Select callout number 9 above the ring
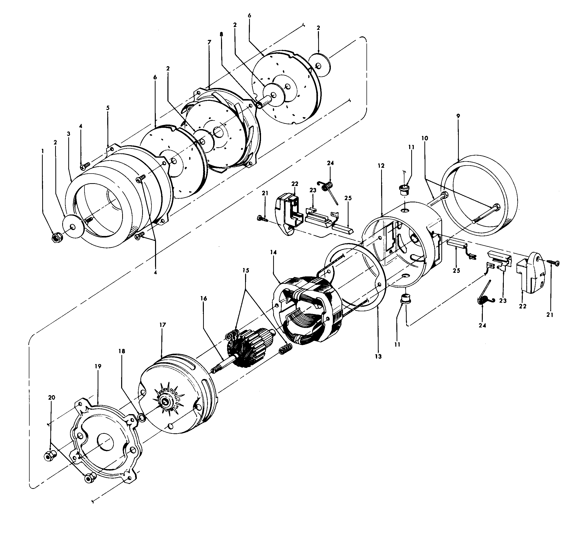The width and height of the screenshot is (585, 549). tap(458, 116)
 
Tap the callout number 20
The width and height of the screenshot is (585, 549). tap(52, 397)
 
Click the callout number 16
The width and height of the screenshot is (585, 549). tap(204, 298)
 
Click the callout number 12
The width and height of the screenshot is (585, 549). tap(381, 166)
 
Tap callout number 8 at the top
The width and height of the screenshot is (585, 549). tap(221, 34)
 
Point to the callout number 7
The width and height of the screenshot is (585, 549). tap(209, 42)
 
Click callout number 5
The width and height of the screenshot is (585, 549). tap(108, 108)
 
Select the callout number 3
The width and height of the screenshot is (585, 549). tap(69, 134)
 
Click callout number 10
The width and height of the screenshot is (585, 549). tap(425, 138)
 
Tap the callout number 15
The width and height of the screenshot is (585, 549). tap(246, 270)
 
